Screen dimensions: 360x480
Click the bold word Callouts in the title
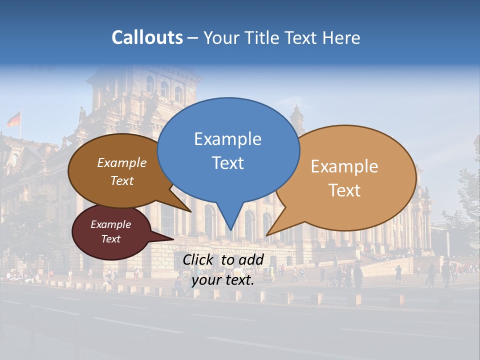147,37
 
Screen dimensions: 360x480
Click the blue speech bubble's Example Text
227,150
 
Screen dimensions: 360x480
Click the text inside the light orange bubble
344,178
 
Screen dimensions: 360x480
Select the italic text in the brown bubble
122,171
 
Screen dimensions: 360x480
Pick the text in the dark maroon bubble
110,231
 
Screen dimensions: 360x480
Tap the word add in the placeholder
251,259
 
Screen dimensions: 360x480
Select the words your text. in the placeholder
223,280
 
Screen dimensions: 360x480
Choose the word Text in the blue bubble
228,163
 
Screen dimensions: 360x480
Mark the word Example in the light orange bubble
344,166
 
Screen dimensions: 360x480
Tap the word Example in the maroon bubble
110,224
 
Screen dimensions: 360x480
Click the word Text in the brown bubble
122,180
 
